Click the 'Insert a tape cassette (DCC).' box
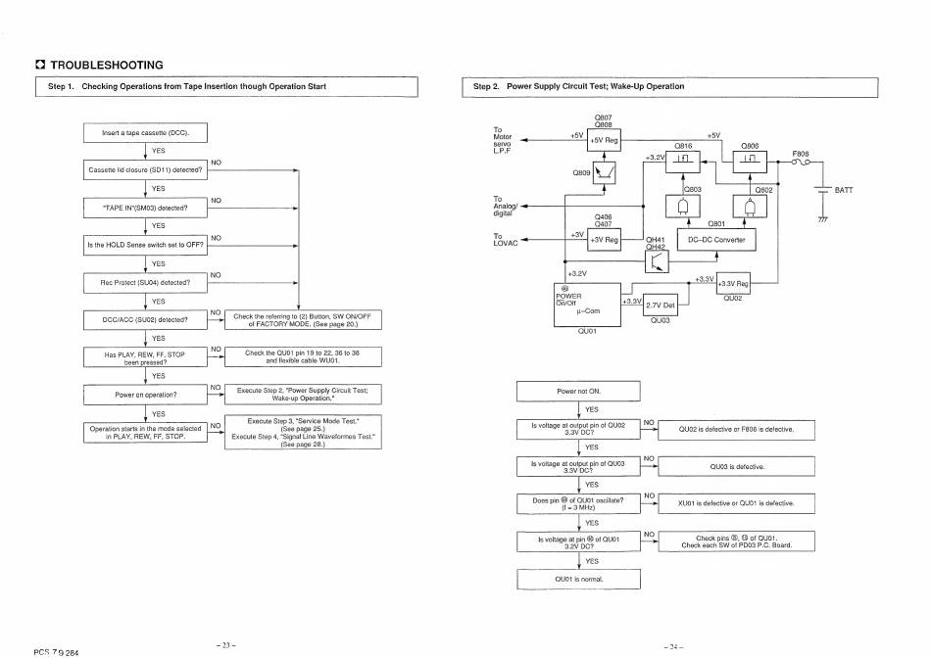(x=146, y=133)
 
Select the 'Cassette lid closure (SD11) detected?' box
(x=146, y=170)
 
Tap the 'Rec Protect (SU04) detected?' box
(x=146, y=283)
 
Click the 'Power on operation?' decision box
(x=146, y=395)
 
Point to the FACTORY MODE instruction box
(x=303, y=319)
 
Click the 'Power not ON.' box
(x=578, y=391)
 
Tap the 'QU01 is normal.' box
(x=578, y=579)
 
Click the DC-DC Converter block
(x=716, y=240)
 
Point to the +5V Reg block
(x=604, y=141)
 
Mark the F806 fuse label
(x=801, y=154)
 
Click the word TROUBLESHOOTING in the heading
(x=106, y=66)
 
